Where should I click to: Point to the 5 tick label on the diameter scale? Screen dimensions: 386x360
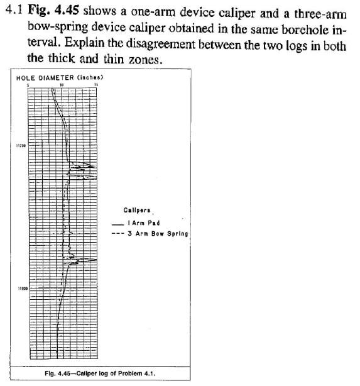coord(29,84)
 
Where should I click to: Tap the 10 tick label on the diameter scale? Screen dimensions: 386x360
coord(62,84)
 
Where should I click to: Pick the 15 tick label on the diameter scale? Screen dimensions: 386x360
coord(95,84)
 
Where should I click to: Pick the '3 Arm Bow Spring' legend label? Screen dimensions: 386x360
coord(157,233)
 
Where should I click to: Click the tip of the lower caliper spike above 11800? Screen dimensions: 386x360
coord(96,260)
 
